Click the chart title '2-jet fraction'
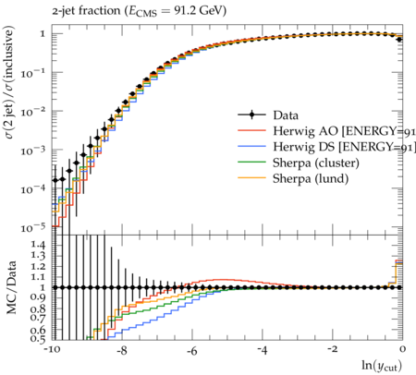(x=86, y=11)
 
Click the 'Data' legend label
(x=286, y=115)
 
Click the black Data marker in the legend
(x=251, y=115)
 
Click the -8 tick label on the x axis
(x=122, y=350)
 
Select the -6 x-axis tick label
(x=191, y=350)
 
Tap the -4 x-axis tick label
(x=262, y=350)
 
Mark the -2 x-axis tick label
(x=332, y=350)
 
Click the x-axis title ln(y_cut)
(x=382, y=366)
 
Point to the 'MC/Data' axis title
(x=11, y=287)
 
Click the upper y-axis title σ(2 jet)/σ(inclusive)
(x=9, y=82)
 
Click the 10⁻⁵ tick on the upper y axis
(x=33, y=228)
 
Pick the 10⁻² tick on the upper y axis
(x=33, y=112)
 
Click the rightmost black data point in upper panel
(x=399, y=40)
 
